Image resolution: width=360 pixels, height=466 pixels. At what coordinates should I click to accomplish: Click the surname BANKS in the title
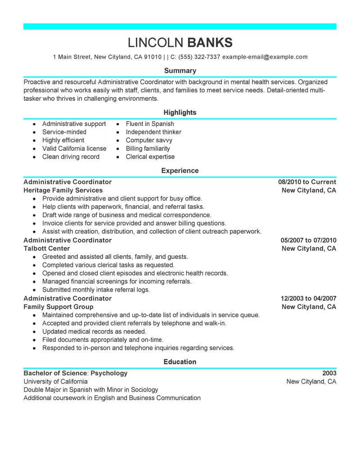click(x=210, y=42)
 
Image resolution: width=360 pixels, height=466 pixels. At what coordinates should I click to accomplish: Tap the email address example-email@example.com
click(x=265, y=57)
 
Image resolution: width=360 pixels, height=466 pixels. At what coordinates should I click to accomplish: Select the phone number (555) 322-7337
click(x=199, y=57)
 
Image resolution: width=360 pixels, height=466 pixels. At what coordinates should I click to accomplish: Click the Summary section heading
click(x=180, y=71)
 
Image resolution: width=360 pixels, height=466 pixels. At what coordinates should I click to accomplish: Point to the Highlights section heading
click(x=180, y=112)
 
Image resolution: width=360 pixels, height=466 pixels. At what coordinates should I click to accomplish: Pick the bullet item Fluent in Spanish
click(x=150, y=124)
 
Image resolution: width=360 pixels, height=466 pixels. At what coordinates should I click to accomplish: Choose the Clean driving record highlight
click(x=71, y=157)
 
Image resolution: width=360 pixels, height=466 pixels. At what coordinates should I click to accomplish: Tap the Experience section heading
click(x=180, y=171)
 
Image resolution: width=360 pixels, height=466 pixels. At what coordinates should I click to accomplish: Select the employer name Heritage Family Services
click(x=63, y=190)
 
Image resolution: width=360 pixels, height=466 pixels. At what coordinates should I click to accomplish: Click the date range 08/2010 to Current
click(x=307, y=182)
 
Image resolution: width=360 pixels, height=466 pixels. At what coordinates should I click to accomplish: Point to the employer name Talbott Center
click(x=47, y=249)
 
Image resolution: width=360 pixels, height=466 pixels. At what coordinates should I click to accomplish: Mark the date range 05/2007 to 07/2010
click(x=307, y=240)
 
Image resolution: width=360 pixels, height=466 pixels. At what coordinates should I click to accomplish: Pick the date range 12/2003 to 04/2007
click(x=307, y=299)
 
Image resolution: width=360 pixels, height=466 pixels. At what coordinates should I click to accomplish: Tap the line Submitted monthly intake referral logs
click(x=96, y=290)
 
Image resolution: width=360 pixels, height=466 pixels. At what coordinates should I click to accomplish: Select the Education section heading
click(x=180, y=362)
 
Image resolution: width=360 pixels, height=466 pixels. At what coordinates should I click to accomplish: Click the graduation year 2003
click(x=329, y=373)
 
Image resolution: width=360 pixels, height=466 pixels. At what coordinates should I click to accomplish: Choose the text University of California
click(x=55, y=381)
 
